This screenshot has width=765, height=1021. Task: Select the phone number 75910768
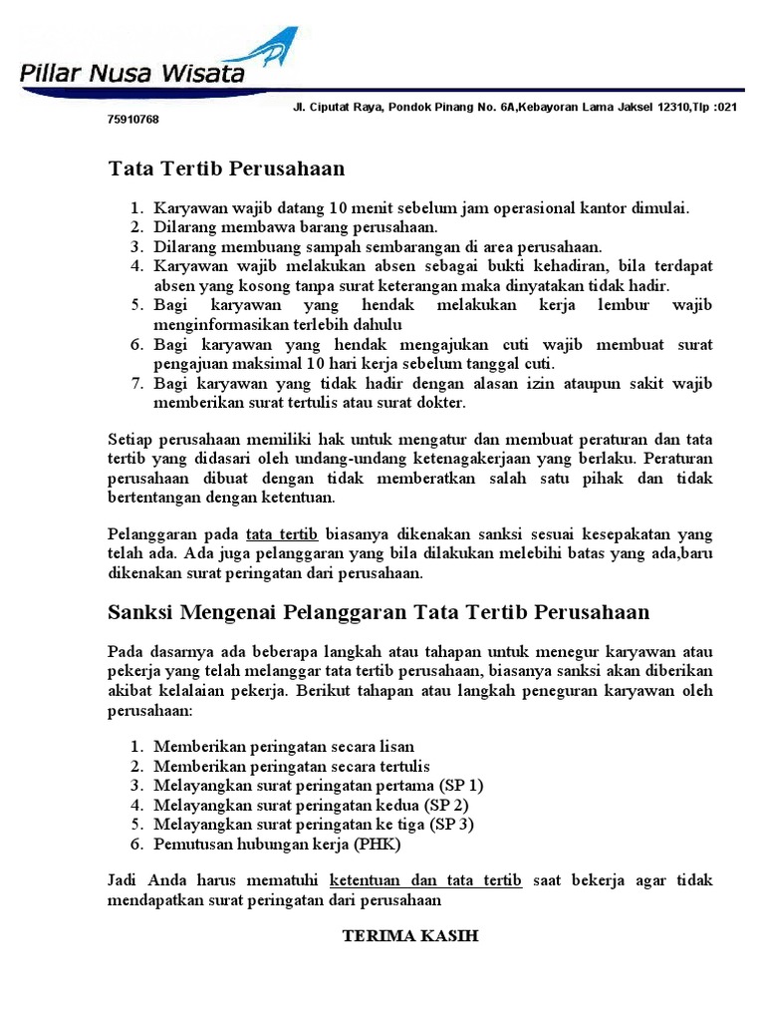(132, 120)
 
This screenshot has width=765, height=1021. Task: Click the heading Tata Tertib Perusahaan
(226, 169)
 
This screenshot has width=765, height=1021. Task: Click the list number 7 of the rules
(138, 384)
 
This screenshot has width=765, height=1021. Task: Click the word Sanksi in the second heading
(142, 612)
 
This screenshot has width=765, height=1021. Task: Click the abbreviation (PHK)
(376, 844)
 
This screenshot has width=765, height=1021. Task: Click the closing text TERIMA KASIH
(410, 937)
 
